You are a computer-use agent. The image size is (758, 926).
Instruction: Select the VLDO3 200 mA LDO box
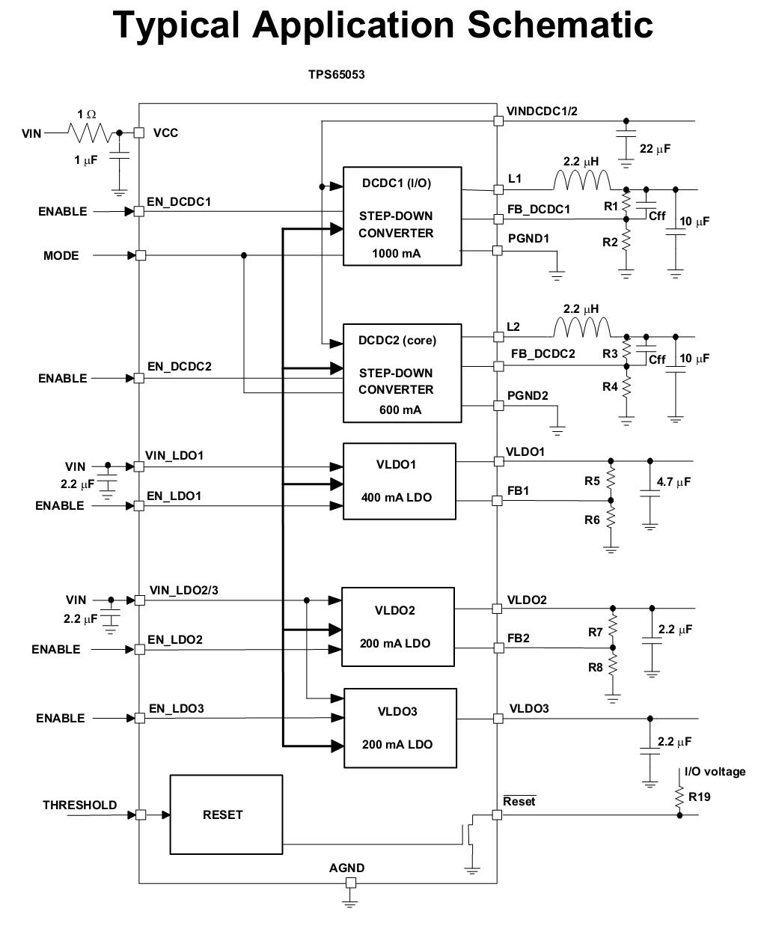click(400, 728)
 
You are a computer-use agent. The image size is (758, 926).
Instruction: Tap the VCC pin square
click(138, 132)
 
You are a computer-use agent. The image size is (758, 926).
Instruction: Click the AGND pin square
click(351, 883)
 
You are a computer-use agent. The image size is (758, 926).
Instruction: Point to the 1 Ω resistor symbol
click(90, 132)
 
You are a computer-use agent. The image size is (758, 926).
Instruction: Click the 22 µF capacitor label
click(655, 149)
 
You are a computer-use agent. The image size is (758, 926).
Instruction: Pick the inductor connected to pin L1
click(581, 181)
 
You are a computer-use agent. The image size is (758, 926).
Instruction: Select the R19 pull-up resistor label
click(699, 796)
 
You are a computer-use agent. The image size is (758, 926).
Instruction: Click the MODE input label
click(61, 255)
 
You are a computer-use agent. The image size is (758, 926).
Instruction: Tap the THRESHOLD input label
click(80, 805)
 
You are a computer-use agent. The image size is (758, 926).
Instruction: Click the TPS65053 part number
click(336, 75)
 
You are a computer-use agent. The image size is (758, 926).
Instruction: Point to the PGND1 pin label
click(528, 238)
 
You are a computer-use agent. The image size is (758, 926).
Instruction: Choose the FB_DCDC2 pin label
click(543, 354)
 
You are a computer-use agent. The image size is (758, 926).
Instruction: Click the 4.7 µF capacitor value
click(673, 482)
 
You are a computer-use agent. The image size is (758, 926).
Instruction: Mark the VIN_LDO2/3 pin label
click(183, 590)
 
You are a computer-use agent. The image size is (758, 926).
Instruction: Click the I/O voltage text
click(715, 772)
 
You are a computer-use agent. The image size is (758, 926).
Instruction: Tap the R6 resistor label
click(592, 520)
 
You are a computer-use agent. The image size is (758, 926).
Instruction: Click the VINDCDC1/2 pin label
click(542, 111)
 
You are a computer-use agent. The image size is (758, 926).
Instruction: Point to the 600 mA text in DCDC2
click(400, 409)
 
